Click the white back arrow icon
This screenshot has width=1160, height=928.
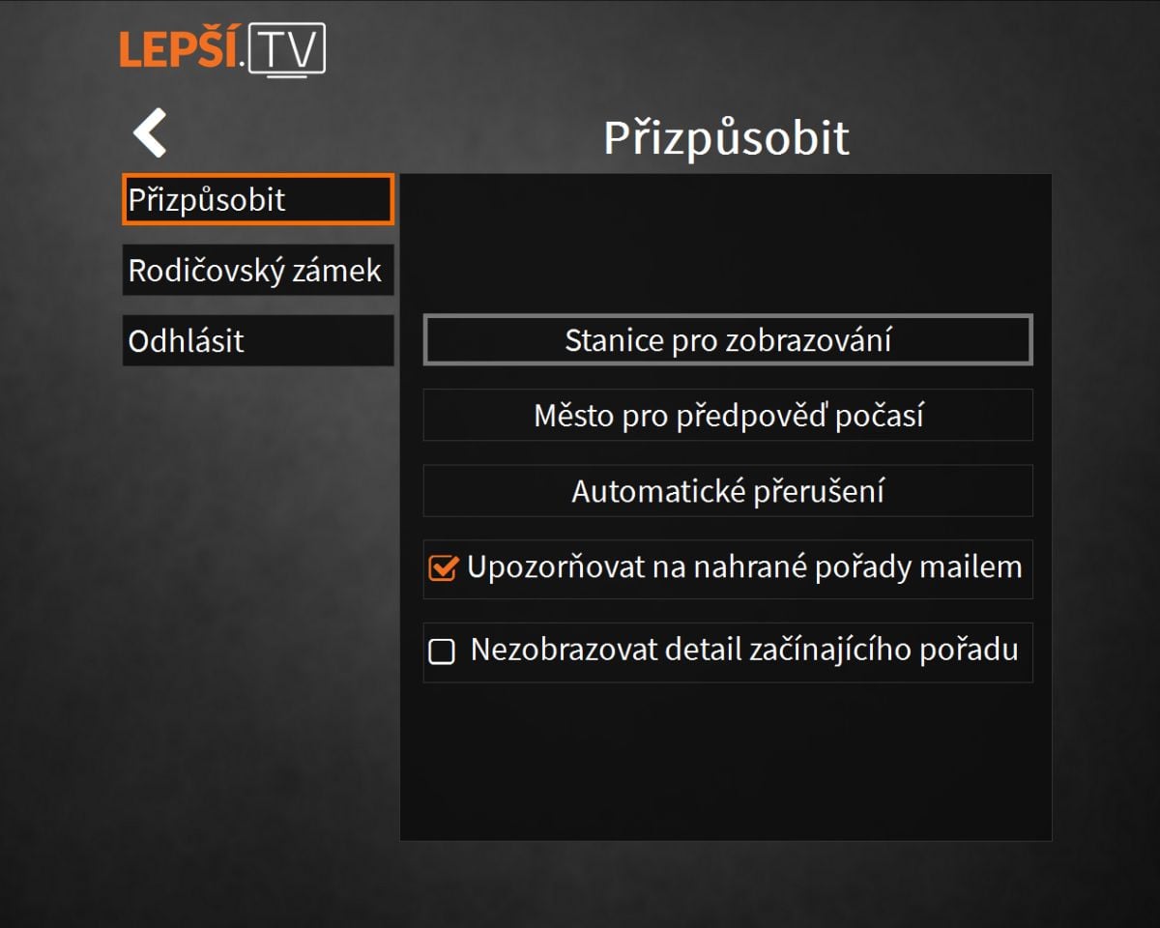(150, 132)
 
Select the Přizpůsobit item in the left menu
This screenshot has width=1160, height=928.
(257, 200)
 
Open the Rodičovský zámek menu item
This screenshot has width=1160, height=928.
(257, 271)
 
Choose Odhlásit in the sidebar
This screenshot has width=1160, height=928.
(257, 340)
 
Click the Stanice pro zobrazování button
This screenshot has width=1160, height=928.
(727, 340)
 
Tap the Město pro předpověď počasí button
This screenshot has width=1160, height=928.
(727, 416)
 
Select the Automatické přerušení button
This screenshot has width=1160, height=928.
(727, 491)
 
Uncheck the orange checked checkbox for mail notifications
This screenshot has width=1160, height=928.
(442, 568)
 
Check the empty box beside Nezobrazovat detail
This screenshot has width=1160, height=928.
(442, 652)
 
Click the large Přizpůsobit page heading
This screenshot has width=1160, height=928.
(726, 138)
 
